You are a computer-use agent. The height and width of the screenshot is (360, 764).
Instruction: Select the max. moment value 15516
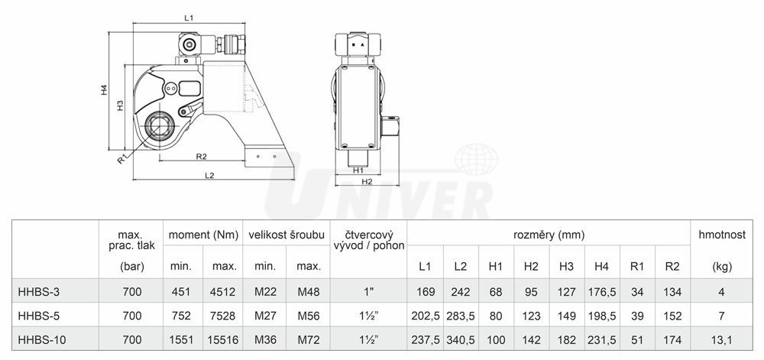coord(222,339)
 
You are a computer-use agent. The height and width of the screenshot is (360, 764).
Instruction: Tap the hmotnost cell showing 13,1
coord(722,339)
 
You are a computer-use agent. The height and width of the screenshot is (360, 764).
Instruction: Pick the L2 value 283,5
coord(461,316)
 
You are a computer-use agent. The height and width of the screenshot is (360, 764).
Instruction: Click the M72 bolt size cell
coord(309,339)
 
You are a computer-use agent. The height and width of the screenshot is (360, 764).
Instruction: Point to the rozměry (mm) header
coord(549,235)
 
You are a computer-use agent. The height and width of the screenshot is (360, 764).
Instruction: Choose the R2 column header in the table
coord(672,267)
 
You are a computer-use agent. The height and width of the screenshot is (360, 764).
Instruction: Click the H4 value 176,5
coord(602,292)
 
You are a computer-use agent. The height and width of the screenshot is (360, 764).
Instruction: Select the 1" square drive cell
coord(368,292)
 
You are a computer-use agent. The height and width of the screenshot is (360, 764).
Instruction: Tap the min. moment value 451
coord(181,292)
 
